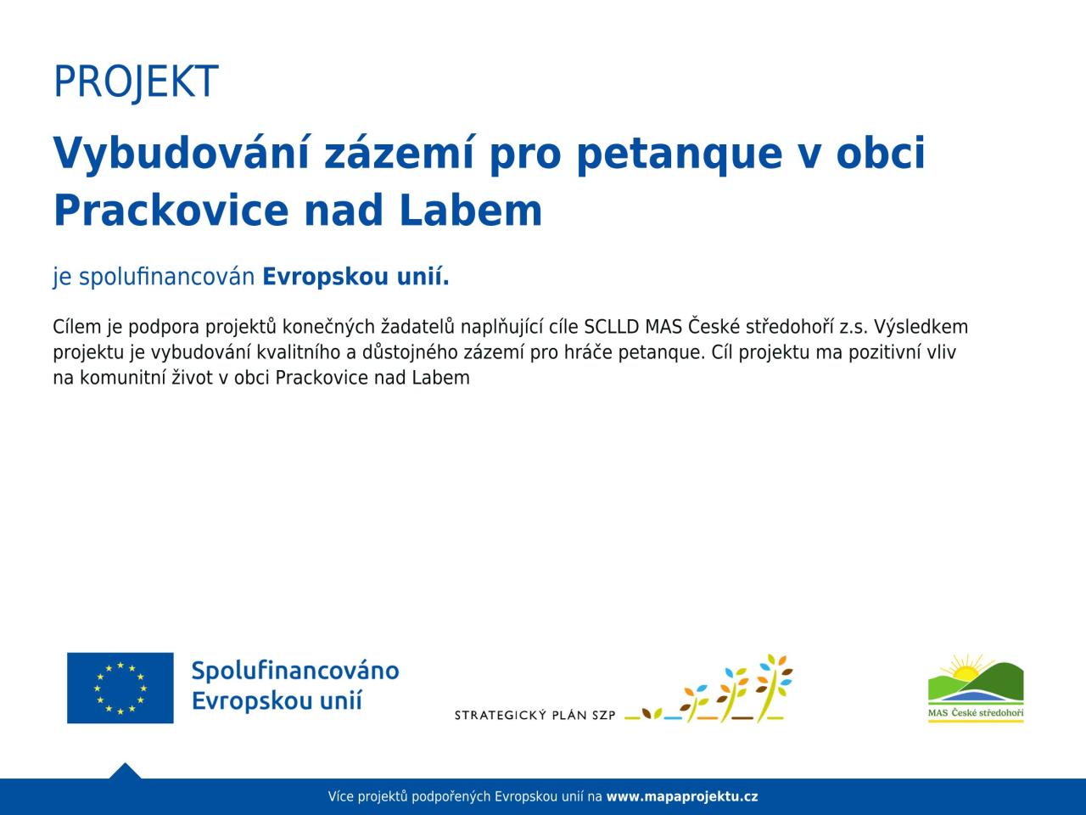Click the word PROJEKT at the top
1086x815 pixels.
(136, 81)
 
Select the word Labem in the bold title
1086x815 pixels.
(471, 211)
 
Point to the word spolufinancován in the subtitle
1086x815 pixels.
(167, 277)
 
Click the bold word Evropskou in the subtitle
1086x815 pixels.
(325, 277)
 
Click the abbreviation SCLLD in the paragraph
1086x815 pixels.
(612, 327)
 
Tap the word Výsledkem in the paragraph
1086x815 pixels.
(921, 327)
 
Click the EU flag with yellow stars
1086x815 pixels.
(120, 688)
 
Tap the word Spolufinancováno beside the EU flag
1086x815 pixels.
(295, 672)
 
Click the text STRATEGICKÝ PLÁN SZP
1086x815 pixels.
(535, 715)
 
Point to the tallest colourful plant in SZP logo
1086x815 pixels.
(773, 689)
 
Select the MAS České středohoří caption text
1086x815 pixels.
(976, 713)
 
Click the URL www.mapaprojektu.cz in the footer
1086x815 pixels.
(682, 796)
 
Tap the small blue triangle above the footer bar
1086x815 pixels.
(125, 771)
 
